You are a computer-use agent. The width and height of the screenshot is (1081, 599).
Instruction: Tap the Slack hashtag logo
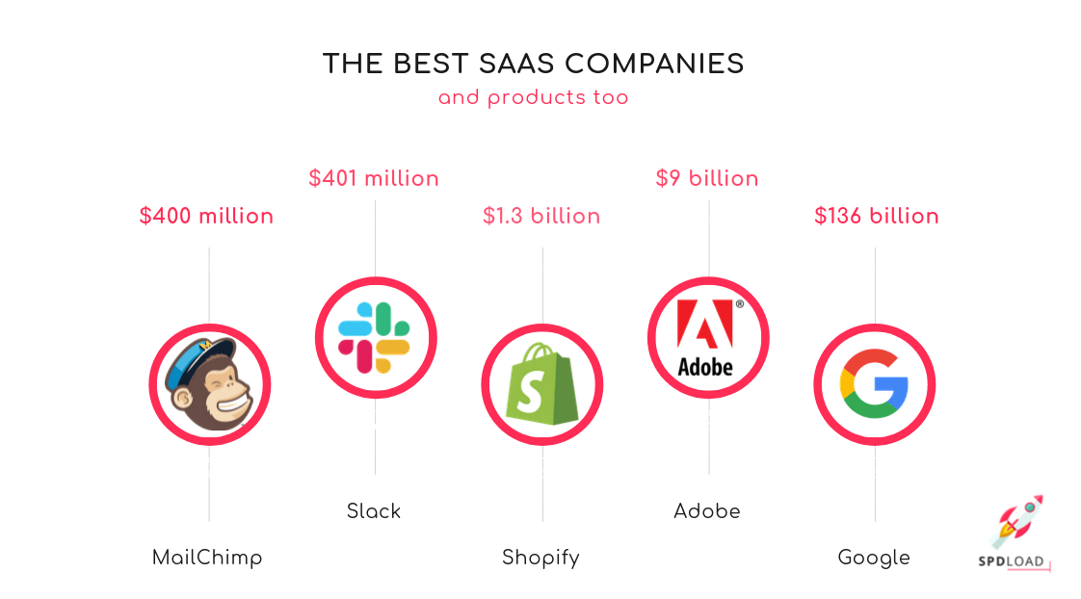tap(375, 337)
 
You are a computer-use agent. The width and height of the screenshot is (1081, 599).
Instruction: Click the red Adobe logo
tap(707, 337)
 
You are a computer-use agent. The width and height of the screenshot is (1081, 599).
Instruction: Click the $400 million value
tap(206, 216)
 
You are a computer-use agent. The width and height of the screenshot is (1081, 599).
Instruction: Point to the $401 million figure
tap(374, 178)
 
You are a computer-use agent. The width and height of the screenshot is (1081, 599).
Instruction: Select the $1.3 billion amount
tap(541, 216)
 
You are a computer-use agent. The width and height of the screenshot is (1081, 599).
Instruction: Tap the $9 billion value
tap(707, 178)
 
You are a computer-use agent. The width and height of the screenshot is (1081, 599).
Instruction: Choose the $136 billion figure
tap(877, 216)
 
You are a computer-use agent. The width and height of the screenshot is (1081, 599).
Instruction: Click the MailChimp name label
tap(207, 557)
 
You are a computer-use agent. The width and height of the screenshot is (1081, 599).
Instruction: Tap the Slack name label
tap(374, 510)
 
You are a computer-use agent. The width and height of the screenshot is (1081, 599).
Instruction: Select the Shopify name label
tap(540, 558)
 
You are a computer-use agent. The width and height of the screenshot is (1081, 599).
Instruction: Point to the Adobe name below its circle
tap(707, 510)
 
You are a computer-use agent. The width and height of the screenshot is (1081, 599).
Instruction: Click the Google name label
tap(874, 558)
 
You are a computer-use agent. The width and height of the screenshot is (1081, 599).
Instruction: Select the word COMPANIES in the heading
tap(655, 65)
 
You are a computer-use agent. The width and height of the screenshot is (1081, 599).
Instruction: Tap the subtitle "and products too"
tap(533, 97)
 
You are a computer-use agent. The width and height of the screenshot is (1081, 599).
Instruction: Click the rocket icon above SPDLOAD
tap(1018, 521)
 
